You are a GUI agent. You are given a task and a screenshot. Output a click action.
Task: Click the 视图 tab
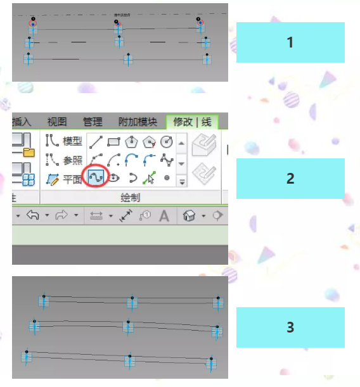57,122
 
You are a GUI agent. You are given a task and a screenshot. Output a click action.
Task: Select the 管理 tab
93,122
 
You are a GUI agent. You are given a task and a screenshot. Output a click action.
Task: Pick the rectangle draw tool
115,141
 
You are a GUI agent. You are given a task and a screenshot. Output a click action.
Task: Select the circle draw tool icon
167,141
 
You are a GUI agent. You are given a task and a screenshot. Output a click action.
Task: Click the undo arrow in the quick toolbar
33,215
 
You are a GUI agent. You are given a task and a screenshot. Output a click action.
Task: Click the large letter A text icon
164,216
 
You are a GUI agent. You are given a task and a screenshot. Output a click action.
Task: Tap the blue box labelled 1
290,42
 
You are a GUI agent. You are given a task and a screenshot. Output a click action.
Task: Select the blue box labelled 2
290,178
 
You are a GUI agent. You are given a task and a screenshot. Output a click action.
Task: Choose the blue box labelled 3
290,327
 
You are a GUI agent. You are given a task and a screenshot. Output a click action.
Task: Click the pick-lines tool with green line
150,179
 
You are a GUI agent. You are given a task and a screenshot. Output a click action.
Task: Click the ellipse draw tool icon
115,179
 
